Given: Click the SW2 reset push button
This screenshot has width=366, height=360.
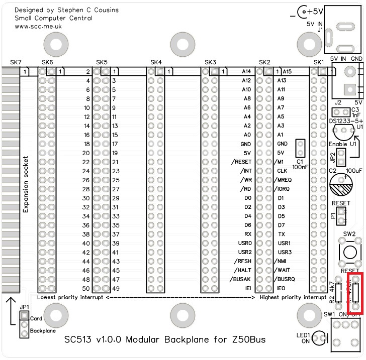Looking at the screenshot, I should [349, 251].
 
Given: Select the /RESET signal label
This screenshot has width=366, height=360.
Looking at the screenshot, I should [240, 162].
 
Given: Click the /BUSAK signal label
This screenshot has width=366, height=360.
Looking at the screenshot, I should [240, 279].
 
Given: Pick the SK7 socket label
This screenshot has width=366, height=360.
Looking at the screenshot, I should [16, 62].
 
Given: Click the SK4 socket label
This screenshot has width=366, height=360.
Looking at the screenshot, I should [156, 62].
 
